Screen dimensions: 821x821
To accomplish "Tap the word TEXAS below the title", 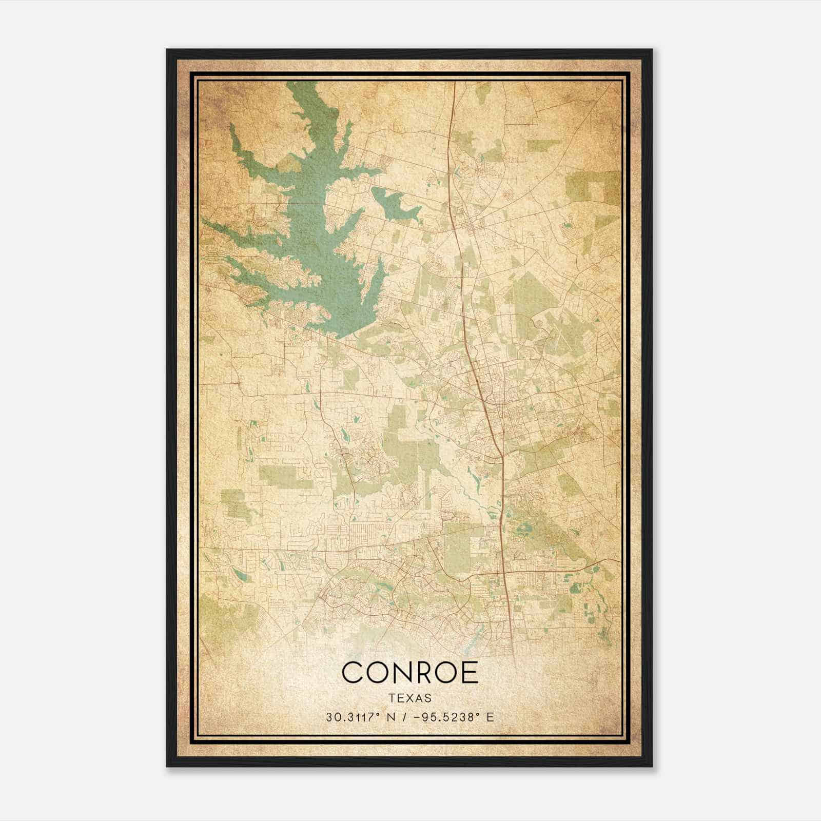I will [410, 698].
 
